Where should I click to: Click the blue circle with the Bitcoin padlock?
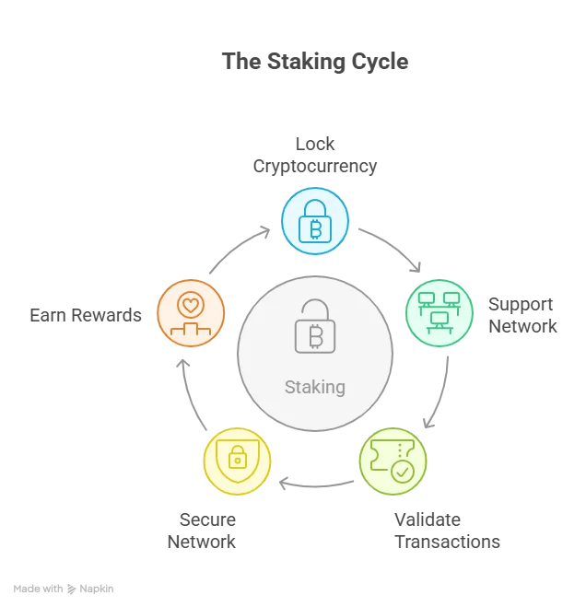[x=314, y=221]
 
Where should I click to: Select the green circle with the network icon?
[x=439, y=313]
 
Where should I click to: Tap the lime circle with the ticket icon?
[x=393, y=461]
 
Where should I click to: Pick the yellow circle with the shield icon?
[x=237, y=461]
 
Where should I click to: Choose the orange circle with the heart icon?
[x=191, y=313]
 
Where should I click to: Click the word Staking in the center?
[x=315, y=386]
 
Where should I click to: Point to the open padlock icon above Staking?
[x=314, y=327]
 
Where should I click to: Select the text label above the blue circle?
[x=316, y=156]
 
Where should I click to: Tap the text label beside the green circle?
[x=522, y=317]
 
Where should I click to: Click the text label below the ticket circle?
[x=445, y=531]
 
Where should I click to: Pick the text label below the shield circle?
[x=200, y=531]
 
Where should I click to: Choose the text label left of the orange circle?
[x=88, y=315]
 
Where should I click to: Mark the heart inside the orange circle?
[x=191, y=303]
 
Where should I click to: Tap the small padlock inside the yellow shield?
[x=237, y=458]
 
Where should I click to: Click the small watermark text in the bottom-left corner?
[x=63, y=589]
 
